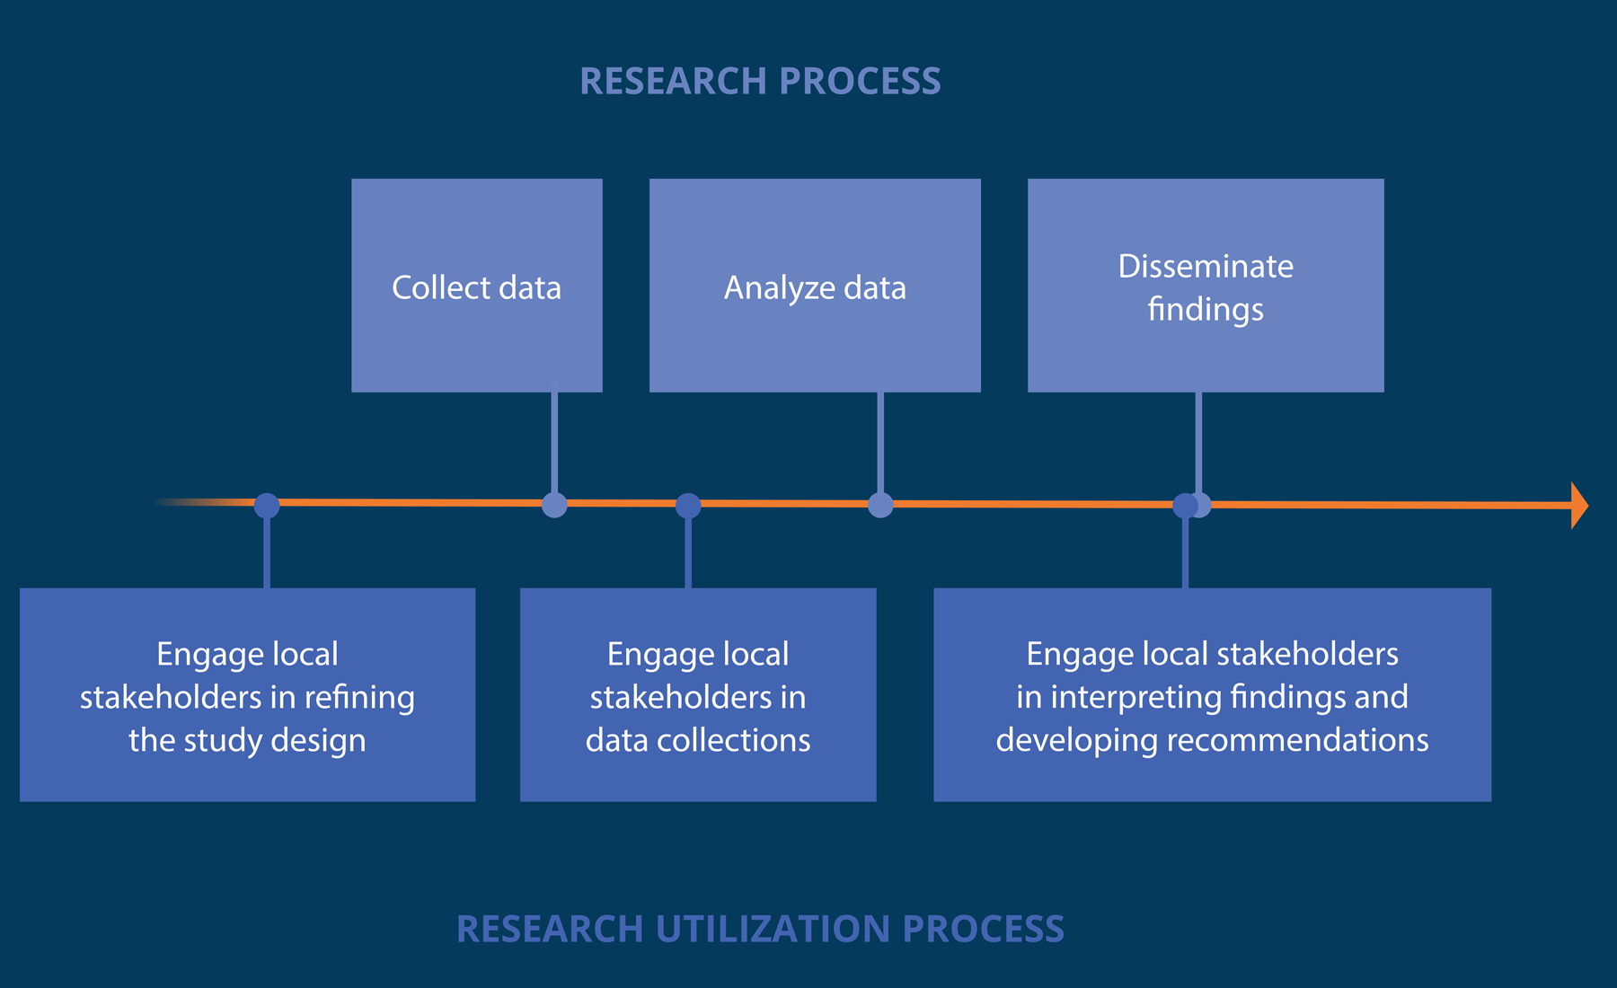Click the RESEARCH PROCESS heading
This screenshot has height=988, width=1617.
coord(760,81)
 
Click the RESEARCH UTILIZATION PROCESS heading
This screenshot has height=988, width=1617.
coord(760,929)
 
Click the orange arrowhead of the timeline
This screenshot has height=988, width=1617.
coord(1578,506)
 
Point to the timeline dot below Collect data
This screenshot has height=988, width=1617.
coord(554,505)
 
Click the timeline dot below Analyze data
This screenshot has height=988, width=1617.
coord(880,505)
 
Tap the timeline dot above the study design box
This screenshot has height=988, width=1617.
coord(267,506)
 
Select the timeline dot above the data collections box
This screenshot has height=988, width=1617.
coord(688,506)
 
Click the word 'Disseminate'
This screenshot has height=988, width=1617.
coord(1206,266)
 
